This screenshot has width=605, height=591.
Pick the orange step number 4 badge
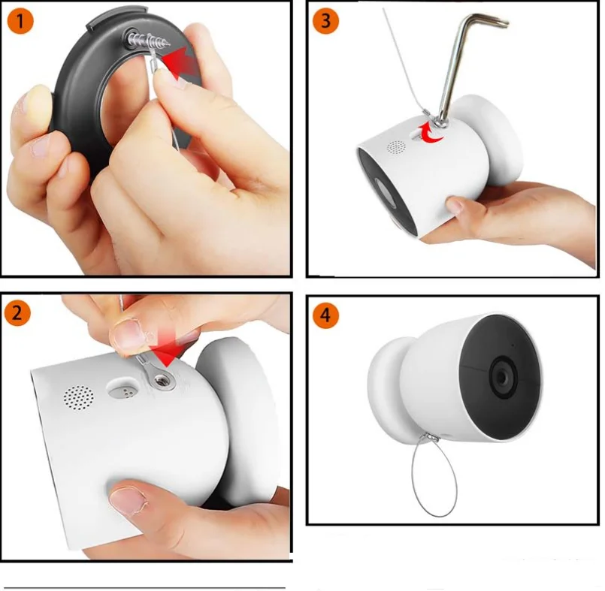pyautogui.click(x=325, y=316)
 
